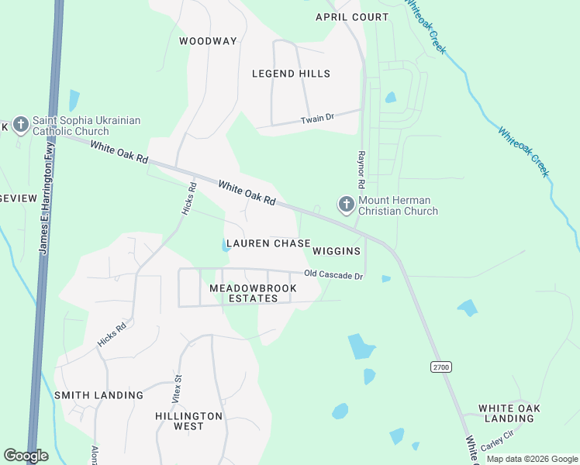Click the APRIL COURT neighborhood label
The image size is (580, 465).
[x=350, y=17]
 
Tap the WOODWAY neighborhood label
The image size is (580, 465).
[x=208, y=41]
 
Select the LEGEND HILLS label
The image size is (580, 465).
[x=292, y=74]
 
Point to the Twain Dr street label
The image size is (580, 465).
[x=317, y=119]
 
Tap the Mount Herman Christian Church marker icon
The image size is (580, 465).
[x=346, y=205]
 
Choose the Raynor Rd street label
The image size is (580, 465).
[x=361, y=170]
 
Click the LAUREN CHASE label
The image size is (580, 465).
[x=268, y=243]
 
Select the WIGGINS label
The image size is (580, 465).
[x=337, y=251]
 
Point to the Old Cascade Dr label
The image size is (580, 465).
[x=333, y=275]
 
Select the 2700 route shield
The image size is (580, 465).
[x=441, y=367]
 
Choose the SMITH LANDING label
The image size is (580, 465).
[x=98, y=395]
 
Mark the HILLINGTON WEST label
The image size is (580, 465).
[x=188, y=421]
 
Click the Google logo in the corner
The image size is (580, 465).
[x=26, y=456]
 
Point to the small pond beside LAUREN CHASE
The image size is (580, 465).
[x=225, y=246]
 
